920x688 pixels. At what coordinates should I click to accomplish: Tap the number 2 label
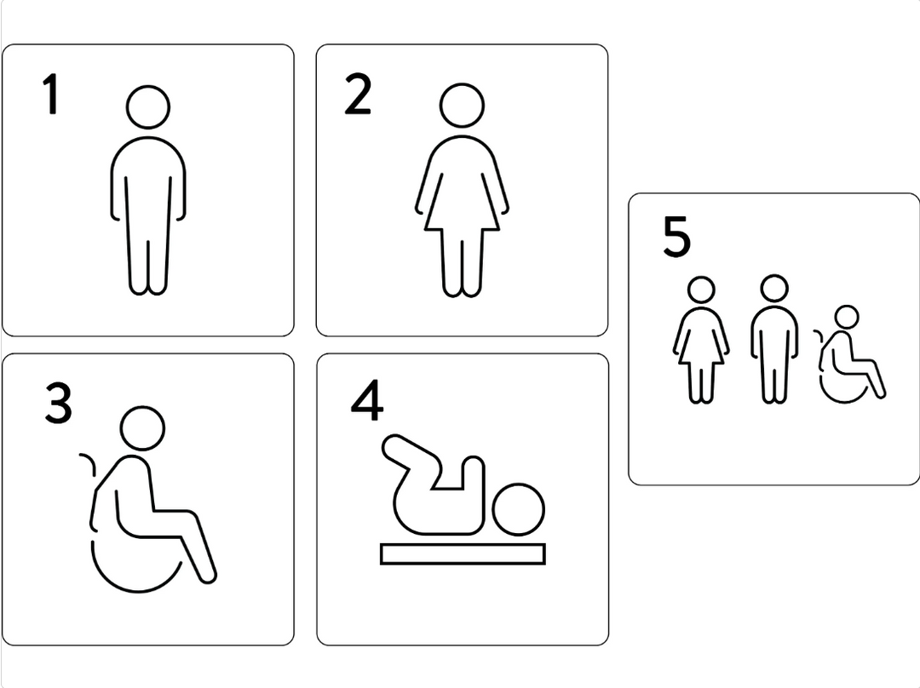tap(358, 94)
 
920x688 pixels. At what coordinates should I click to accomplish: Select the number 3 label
tap(58, 403)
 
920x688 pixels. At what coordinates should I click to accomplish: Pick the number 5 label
tap(676, 237)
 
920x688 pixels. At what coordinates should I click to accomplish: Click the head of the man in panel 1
tap(148, 106)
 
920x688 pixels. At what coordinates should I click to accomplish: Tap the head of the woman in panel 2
tap(462, 106)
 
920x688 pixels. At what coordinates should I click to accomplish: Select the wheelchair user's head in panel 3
tap(142, 427)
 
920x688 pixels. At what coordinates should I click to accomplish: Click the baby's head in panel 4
tap(518, 509)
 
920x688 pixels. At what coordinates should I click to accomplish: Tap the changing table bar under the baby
tap(463, 553)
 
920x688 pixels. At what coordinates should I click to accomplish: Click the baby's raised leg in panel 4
tap(411, 457)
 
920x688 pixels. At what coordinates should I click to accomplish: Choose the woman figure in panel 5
tap(700, 341)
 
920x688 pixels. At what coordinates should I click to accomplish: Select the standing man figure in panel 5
tap(774, 339)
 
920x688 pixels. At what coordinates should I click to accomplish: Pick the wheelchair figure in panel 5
tap(849, 354)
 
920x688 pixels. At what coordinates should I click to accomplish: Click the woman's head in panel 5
tap(700, 290)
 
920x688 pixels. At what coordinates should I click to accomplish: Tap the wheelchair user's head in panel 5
tap(846, 318)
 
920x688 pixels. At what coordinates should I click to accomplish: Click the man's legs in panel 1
tap(148, 246)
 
